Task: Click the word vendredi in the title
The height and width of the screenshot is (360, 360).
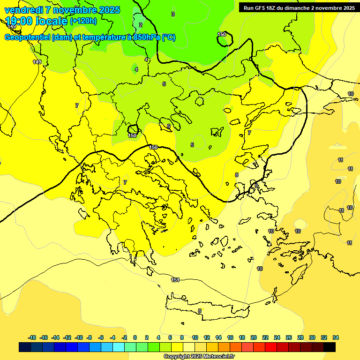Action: (x=23, y=10)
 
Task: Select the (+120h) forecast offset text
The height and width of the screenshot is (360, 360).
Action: (x=83, y=21)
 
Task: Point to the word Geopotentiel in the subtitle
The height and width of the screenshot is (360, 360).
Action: (x=27, y=37)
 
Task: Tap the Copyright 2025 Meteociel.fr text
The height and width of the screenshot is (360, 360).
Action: (x=199, y=356)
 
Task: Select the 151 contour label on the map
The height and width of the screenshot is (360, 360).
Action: (x=175, y=280)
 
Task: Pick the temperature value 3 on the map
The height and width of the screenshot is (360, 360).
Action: (x=173, y=15)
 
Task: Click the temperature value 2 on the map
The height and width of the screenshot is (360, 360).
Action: (x=141, y=25)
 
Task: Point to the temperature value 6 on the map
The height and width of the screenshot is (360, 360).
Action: (x=169, y=126)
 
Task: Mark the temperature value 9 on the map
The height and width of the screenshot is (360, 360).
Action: (x=256, y=186)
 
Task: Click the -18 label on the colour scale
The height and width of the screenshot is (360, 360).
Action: (x=32, y=337)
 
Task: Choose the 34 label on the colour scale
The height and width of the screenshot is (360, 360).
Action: (x=336, y=337)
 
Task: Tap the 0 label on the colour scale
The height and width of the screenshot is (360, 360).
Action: (x=135, y=337)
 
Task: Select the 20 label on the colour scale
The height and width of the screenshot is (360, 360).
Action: (x=254, y=337)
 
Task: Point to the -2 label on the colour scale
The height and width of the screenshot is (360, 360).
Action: (x=124, y=337)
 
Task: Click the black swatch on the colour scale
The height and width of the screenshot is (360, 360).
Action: (x=330, y=347)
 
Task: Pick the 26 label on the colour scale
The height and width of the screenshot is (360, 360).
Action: (x=289, y=337)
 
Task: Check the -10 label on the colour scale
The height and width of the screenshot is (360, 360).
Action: (x=78, y=337)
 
